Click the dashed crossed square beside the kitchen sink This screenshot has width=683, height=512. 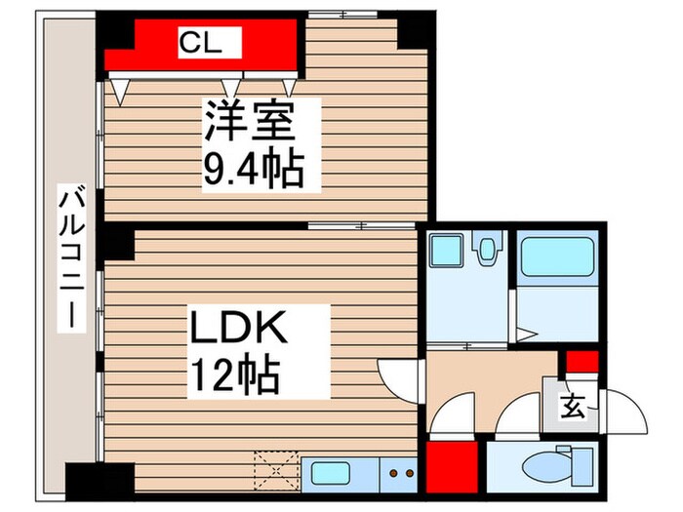click(x=276, y=470)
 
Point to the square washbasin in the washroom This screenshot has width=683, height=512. click(x=445, y=253)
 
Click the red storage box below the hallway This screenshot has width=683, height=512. click(x=452, y=465)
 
